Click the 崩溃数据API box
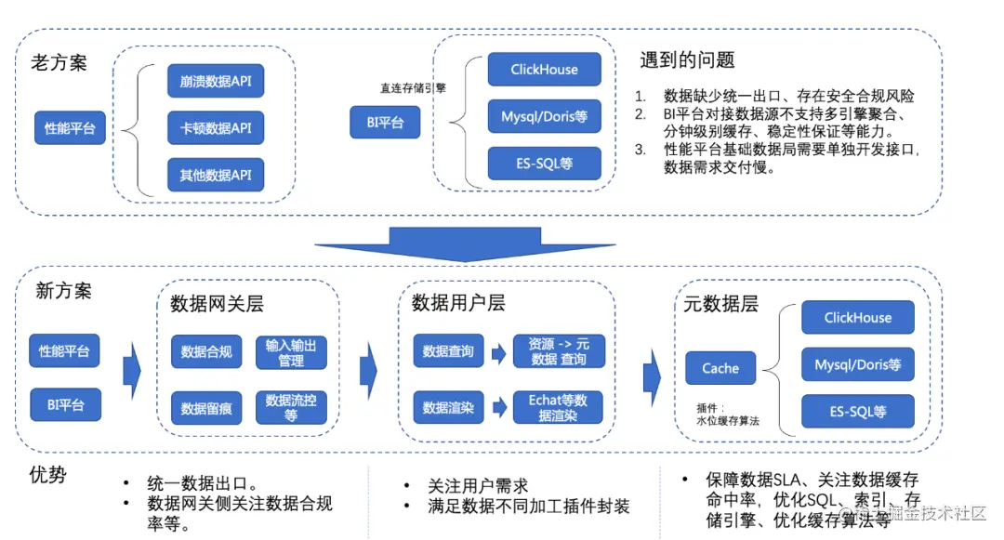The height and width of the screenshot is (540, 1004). pyautogui.click(x=216, y=81)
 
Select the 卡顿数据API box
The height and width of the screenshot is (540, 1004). pyautogui.click(x=216, y=127)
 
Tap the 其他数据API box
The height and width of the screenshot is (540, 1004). pyautogui.click(x=216, y=174)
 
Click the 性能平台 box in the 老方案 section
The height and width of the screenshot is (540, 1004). pyautogui.click(x=71, y=127)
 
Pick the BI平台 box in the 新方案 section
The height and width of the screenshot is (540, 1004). pyautogui.click(x=65, y=404)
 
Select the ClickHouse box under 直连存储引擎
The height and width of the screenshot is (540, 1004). pyautogui.click(x=544, y=70)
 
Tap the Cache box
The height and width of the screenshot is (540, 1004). pyautogui.click(x=720, y=368)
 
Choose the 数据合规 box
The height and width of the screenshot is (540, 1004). pyautogui.click(x=206, y=351)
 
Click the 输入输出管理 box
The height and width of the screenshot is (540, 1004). pyautogui.click(x=291, y=351)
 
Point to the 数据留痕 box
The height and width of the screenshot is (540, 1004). pyautogui.click(x=206, y=407)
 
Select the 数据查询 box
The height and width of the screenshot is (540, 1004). pyautogui.click(x=448, y=350)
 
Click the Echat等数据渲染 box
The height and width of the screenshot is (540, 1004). pyautogui.click(x=558, y=407)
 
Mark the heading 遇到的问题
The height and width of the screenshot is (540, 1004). pyautogui.click(x=687, y=60)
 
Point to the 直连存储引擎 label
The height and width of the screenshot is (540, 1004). pyautogui.click(x=413, y=88)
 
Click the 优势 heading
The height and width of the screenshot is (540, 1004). pyautogui.click(x=48, y=475)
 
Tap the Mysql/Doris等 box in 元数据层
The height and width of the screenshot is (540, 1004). pyautogui.click(x=857, y=364)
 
